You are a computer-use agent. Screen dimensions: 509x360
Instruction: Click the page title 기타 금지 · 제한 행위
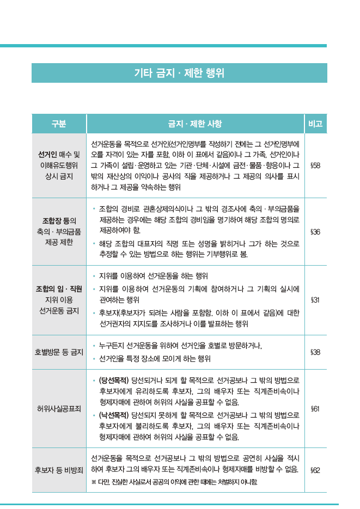179,73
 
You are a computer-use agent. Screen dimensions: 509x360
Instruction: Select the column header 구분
59,124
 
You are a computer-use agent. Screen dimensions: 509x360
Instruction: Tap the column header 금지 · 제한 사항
195,124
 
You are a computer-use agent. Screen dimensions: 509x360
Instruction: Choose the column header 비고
315,124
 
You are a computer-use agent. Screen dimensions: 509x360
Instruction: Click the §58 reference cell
315,165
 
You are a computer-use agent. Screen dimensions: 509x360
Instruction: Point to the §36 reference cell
315,232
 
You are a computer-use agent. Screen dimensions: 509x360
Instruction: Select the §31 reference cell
315,300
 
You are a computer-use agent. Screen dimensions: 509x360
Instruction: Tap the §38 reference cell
315,352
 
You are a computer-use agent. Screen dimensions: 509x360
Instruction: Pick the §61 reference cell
315,408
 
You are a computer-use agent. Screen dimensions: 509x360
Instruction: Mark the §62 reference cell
315,469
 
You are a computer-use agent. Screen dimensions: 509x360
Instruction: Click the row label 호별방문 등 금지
59,352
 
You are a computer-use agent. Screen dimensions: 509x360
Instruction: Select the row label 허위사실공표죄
59,408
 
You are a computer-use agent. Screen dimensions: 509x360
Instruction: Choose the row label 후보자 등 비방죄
59,469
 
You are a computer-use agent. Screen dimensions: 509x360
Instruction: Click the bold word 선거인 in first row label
47,155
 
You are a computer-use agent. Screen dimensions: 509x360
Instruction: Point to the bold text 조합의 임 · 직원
59,289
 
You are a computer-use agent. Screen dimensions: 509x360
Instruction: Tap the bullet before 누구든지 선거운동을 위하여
94,346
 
